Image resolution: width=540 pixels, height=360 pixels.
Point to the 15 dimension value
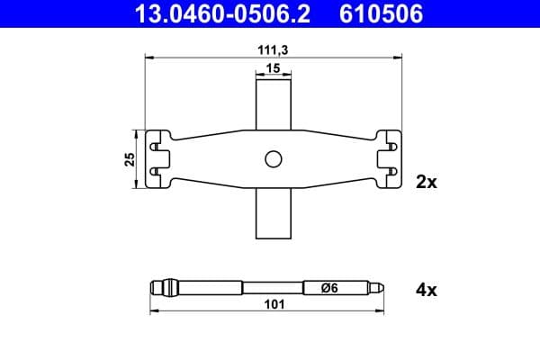point(274,69)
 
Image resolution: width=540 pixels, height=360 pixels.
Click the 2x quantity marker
point(426,182)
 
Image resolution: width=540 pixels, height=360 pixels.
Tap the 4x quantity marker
point(426,291)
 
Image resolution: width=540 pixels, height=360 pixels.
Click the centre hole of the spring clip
point(274,159)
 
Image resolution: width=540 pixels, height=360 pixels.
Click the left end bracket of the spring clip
point(158,159)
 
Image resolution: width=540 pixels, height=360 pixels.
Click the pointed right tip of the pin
point(383,288)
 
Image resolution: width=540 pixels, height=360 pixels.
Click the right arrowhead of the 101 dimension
point(384,312)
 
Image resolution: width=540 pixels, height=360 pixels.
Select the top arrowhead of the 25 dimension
point(136,132)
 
